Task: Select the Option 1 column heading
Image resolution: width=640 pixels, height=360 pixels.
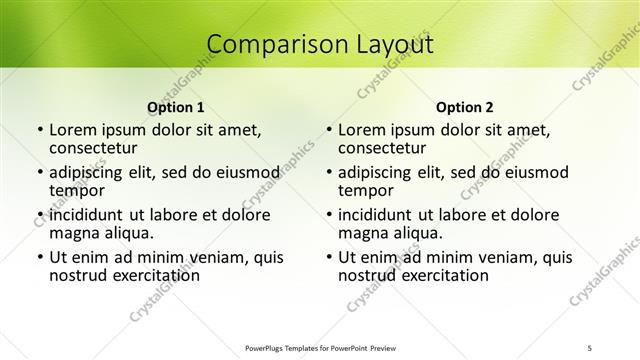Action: point(176,106)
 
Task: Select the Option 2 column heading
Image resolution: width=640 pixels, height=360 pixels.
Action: point(465,106)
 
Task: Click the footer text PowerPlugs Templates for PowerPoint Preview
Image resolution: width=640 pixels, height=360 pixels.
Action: point(320,347)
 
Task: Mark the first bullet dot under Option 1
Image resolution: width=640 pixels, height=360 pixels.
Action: point(39,130)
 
